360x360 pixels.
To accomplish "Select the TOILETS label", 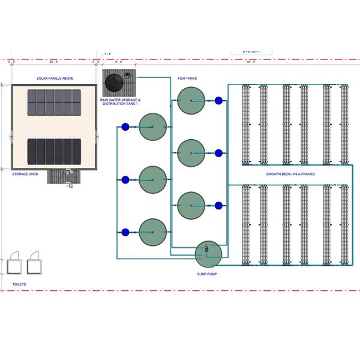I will point(19,283).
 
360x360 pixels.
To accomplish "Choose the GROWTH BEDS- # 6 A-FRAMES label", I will point(290,174).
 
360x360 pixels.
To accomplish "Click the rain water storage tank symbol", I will point(113,80).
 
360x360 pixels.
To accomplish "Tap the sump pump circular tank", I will point(208,254).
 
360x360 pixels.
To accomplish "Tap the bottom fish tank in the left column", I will point(152,232).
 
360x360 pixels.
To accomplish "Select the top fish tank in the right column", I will point(191,100).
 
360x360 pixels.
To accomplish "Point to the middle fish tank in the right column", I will point(191,153).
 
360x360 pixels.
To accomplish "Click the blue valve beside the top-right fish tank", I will point(218,101).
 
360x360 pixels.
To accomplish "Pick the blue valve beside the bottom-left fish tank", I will point(125,232).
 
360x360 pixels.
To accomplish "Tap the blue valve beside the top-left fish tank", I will point(125,127).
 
